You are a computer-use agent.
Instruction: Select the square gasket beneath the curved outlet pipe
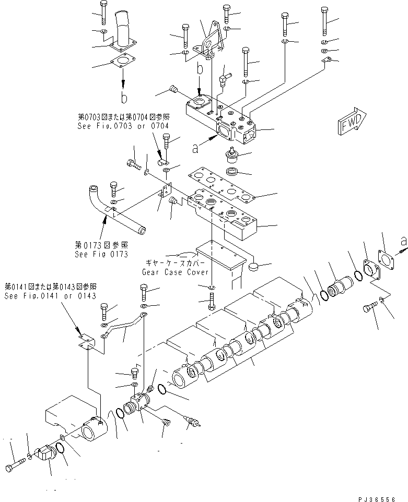(123, 66)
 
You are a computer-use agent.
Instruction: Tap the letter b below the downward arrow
(123, 98)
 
